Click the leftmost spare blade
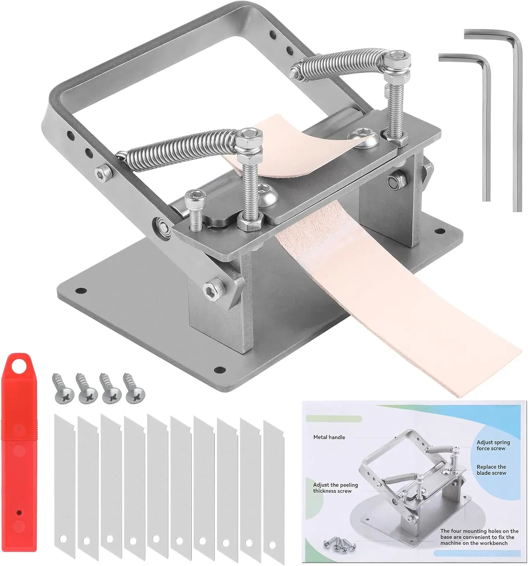65,483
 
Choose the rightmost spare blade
274,491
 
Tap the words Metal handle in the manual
329,437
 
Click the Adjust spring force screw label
493,445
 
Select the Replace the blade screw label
491,470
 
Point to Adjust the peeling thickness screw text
335,488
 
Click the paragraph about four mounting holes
479,537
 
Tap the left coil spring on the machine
177,145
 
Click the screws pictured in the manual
339,543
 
